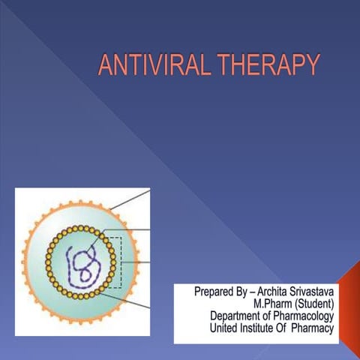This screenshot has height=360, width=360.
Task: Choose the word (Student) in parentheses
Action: click(313, 303)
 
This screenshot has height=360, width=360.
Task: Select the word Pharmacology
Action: click(307, 315)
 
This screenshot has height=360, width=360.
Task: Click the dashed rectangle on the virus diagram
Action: click(112, 262)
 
